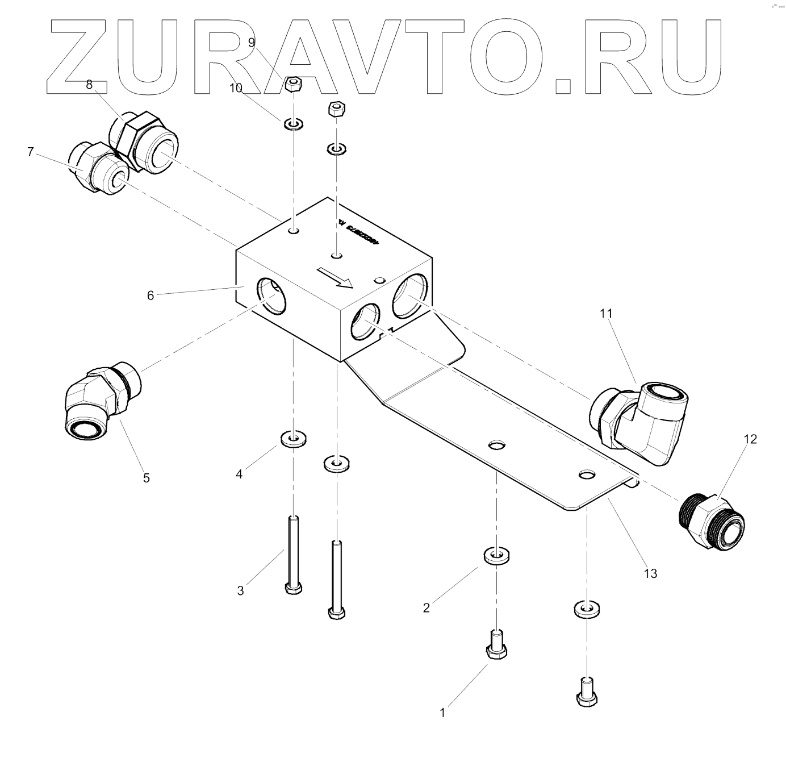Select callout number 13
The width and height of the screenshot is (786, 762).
coord(650,573)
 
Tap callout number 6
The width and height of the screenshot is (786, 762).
coord(150,295)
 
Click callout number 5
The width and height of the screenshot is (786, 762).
coord(147,478)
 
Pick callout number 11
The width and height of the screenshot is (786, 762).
coord(605,313)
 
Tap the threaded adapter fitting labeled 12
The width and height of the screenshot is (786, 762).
coord(712,522)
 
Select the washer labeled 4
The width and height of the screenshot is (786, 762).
coord(293,439)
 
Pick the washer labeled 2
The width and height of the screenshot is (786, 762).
coord(496,555)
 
